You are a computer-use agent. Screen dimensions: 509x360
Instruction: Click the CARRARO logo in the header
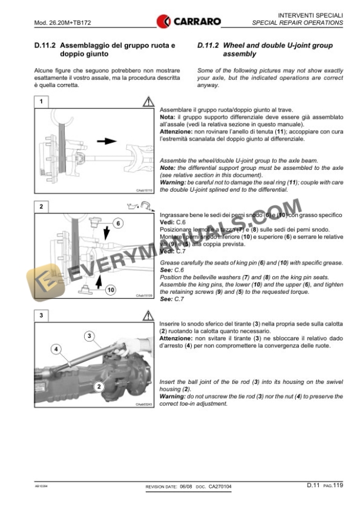[x=189, y=22]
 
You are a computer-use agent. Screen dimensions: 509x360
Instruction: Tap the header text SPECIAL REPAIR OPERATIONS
[x=298, y=23]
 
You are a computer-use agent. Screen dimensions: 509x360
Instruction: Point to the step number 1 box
[x=41, y=102]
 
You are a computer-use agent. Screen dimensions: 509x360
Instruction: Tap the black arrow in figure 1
[x=108, y=142]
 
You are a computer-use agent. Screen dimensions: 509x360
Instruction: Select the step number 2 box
[x=41, y=206]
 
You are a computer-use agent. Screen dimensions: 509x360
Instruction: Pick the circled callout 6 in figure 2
[x=117, y=223]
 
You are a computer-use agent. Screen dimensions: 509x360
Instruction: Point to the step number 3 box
[x=41, y=316]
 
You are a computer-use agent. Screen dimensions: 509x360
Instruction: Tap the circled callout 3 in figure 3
[x=89, y=336]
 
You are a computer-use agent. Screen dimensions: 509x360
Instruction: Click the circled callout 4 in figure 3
[x=57, y=349]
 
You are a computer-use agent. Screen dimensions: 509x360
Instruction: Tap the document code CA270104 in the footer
[x=220, y=487]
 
